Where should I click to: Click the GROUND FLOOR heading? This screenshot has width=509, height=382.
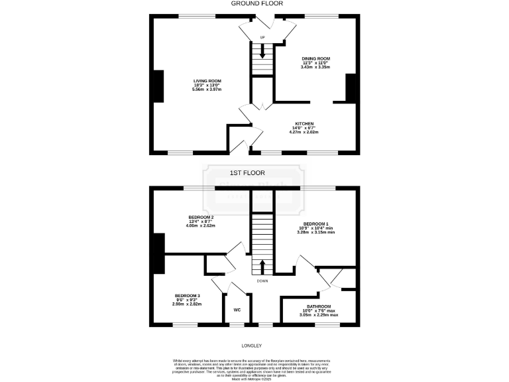tap(254, 3)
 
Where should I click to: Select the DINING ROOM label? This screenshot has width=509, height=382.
tap(315, 58)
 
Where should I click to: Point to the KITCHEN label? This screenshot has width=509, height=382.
tap(304, 123)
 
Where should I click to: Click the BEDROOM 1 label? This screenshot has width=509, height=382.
tap(316, 223)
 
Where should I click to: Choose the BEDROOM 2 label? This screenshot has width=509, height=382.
tap(201, 217)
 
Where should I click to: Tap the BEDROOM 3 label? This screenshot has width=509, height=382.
tap(187, 295)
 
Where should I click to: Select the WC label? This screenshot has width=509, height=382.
tap(237, 310)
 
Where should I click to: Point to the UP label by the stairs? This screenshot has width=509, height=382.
tap(262, 37)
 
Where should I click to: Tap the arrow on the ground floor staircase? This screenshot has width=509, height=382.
tap(263, 52)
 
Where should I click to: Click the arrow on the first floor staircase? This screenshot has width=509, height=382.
tap(262, 267)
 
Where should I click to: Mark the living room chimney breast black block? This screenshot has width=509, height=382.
tap(158, 86)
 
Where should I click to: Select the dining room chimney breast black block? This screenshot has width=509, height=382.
tap(351, 88)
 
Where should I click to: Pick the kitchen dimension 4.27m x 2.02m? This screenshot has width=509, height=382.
tap(304, 132)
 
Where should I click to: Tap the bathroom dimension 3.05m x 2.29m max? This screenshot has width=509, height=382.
tap(317, 315)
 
